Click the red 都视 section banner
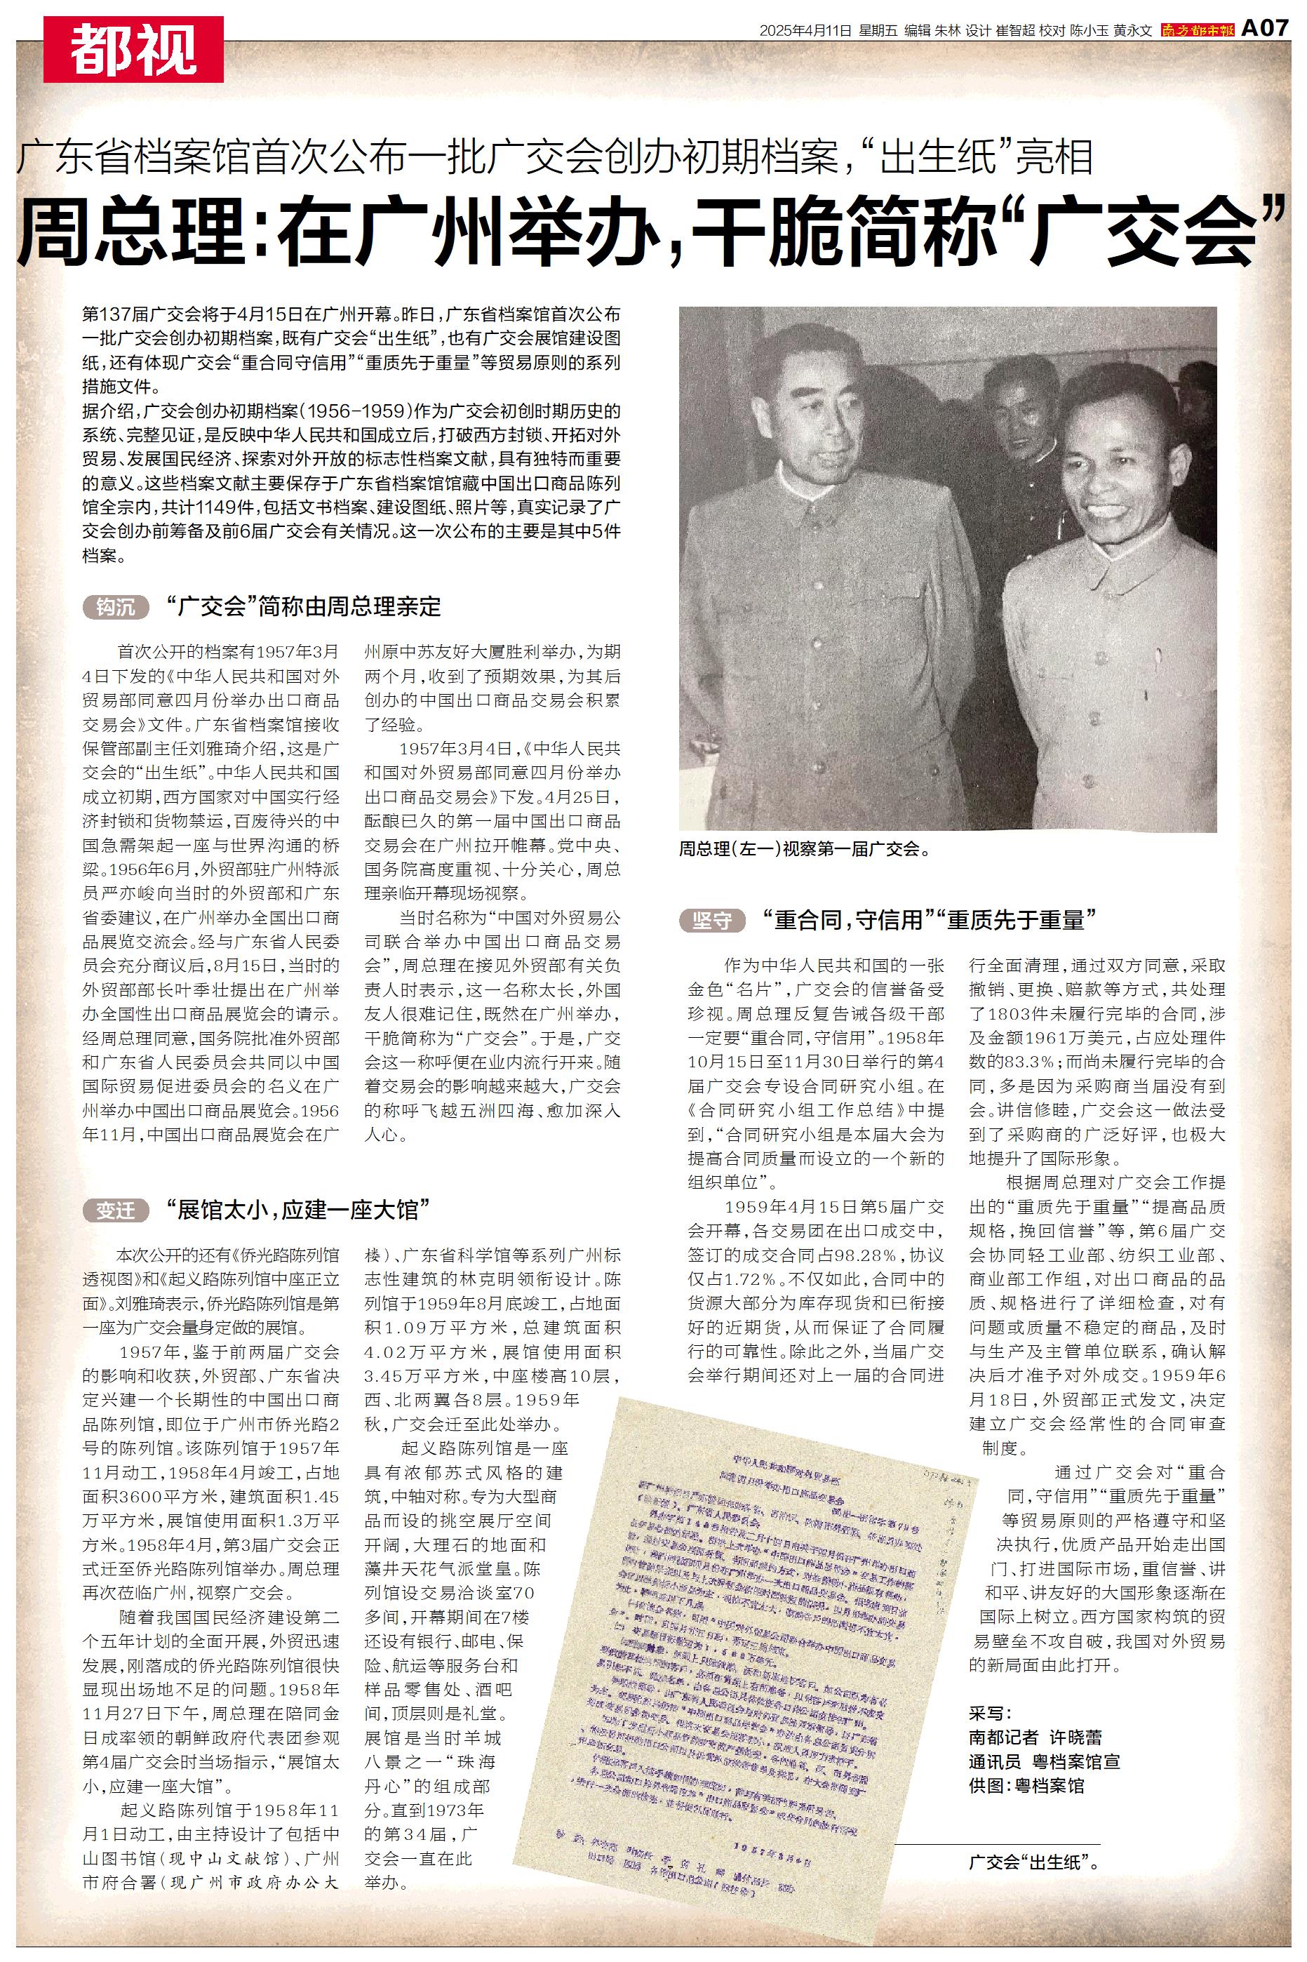[133, 49]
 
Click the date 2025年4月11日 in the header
[805, 31]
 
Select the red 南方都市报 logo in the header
[1198, 31]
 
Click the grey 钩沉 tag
[115, 607]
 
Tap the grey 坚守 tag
[713, 920]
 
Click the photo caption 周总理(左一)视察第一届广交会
[805, 849]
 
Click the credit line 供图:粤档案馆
[1026, 1785]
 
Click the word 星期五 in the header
[878, 31]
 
